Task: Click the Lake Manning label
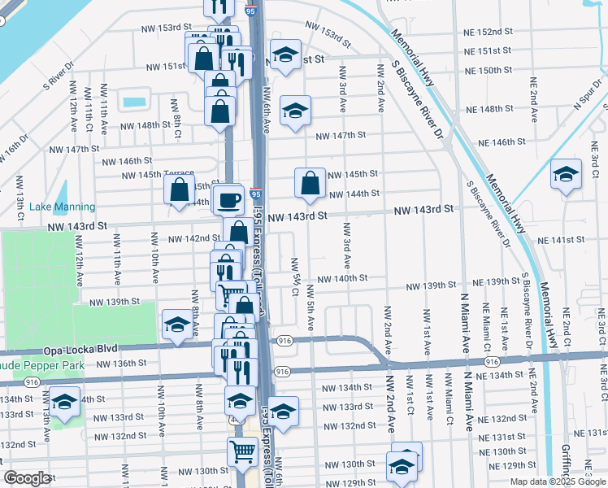coord(62,207)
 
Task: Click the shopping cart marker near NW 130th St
coord(242,451)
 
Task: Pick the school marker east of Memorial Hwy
coord(566,175)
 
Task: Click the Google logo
coord(27,478)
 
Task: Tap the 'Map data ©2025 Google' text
coord(558,481)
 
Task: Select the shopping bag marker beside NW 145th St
coord(310,183)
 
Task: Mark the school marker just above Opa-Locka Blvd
coord(176,325)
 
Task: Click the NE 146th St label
coord(502,142)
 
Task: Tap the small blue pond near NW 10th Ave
coord(132,103)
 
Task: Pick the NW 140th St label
coord(342,278)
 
